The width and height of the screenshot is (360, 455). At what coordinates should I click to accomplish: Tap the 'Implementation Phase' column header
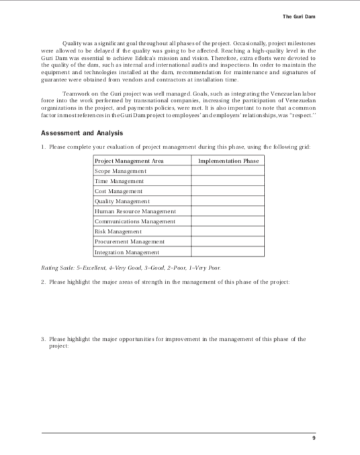(x=228, y=161)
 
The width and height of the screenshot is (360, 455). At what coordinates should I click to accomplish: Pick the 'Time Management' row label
(x=120, y=181)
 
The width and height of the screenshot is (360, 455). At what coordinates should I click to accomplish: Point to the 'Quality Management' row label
(x=123, y=201)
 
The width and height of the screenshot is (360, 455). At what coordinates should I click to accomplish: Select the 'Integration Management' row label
(x=128, y=252)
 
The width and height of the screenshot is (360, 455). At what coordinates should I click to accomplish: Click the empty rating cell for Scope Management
(x=228, y=171)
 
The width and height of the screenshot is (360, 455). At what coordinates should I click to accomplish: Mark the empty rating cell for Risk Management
(x=228, y=231)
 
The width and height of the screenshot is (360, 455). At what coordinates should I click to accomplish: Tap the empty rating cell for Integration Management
(x=228, y=252)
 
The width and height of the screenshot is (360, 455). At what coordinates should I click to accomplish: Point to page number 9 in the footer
(x=313, y=438)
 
